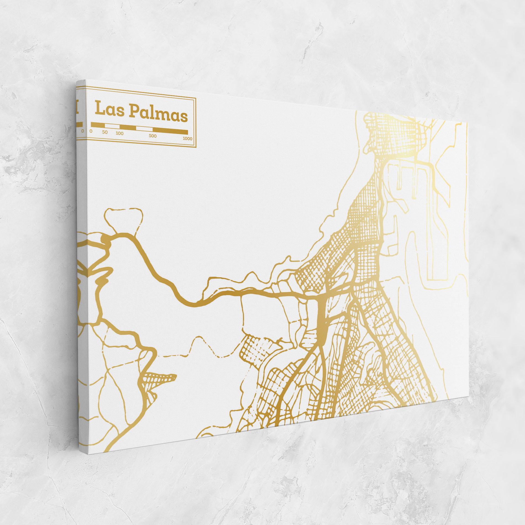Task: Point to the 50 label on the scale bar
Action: pos(105,132)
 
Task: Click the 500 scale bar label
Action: pos(153,136)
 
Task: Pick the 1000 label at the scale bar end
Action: pos(187,138)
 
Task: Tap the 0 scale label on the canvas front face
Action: pos(91,131)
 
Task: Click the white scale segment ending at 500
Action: pos(145,129)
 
